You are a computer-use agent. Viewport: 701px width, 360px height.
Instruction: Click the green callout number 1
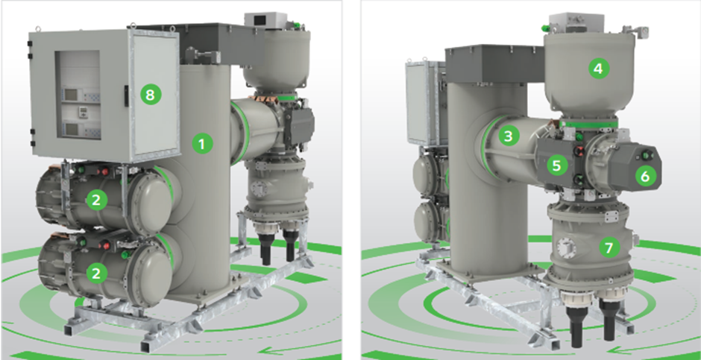click(202, 144)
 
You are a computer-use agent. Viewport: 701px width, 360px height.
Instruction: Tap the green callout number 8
click(151, 94)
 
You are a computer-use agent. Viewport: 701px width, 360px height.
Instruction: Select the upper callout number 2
click(96, 200)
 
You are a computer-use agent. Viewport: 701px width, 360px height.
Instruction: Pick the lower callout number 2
click(96, 273)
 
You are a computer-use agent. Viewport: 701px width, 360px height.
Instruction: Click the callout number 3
click(508, 136)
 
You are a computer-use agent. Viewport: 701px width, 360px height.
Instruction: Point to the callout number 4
click(599, 69)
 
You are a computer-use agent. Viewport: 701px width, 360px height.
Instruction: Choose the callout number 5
click(556, 165)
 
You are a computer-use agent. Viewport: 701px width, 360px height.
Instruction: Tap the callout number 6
click(645, 176)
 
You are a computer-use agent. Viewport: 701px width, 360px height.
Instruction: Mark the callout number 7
click(609, 247)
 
